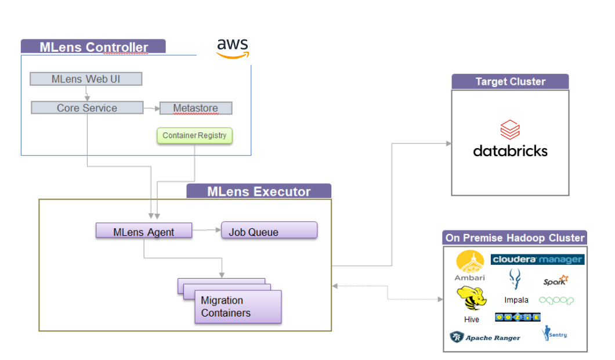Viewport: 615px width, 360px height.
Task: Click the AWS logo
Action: [233, 48]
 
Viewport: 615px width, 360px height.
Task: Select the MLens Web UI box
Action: [86, 79]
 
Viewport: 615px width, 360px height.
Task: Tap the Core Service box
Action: [87, 108]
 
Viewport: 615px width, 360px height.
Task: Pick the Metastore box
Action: [195, 109]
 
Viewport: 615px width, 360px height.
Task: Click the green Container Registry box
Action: [194, 136]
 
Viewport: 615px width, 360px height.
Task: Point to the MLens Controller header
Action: [93, 47]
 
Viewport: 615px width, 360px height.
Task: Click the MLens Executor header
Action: [259, 192]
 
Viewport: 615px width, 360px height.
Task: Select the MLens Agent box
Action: [143, 232]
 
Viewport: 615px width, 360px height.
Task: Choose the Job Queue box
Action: [269, 232]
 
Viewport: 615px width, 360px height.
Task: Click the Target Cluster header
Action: [510, 82]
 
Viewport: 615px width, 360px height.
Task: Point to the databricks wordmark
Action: [510, 151]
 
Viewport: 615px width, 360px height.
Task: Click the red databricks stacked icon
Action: [510, 129]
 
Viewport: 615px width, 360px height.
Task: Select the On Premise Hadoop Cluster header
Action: [515, 238]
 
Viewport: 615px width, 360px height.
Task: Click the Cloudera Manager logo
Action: [537, 259]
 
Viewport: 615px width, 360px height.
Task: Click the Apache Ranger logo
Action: [485, 337]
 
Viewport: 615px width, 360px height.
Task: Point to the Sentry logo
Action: [554, 333]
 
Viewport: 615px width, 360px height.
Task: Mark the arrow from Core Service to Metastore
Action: [150, 109]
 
